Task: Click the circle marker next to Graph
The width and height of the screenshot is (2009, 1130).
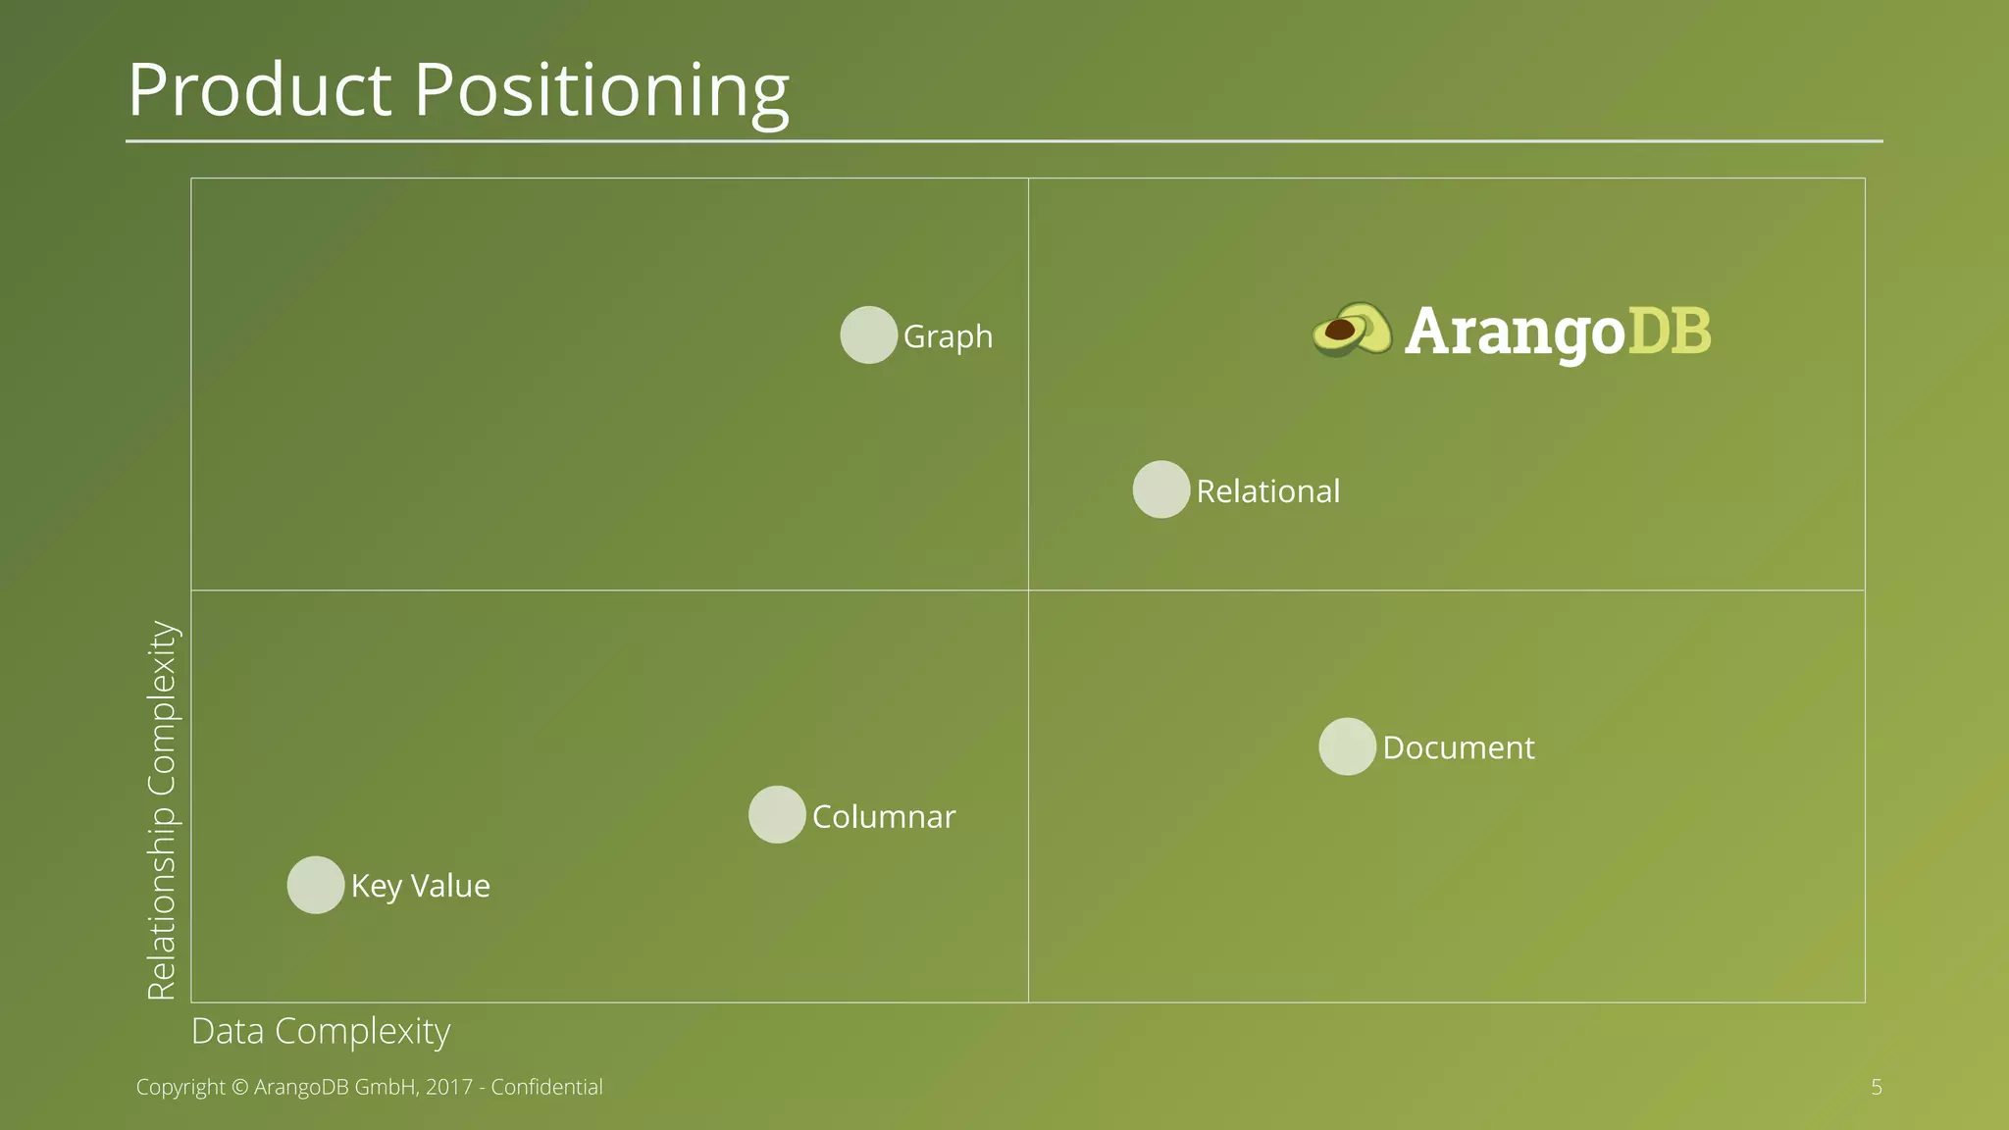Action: tap(868, 335)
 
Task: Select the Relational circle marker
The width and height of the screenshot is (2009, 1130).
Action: tap(1161, 489)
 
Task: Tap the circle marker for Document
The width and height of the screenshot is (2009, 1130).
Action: tap(1347, 746)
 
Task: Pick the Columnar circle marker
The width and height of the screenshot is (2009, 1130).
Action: tap(777, 815)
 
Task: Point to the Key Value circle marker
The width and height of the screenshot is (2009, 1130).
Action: tap(316, 885)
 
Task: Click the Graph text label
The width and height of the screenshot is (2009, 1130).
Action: tap(948, 336)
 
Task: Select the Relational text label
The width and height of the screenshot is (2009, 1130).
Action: tap(1267, 490)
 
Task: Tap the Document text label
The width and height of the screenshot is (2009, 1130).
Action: tap(1458, 747)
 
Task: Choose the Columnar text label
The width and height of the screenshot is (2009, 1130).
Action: tap(883, 816)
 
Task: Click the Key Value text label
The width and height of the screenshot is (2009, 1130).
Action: tap(420, 886)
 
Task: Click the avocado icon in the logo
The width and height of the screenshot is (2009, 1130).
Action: tap(1352, 330)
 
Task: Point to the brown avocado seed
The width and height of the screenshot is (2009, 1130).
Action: tap(1339, 330)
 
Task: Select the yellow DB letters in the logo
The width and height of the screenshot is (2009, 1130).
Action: tap(1669, 331)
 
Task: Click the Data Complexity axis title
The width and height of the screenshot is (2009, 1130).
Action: tap(321, 1031)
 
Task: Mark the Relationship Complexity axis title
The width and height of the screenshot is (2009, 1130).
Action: tap(161, 810)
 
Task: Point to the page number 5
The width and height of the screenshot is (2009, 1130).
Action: tap(1876, 1087)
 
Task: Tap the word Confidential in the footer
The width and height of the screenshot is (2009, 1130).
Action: tap(546, 1087)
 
